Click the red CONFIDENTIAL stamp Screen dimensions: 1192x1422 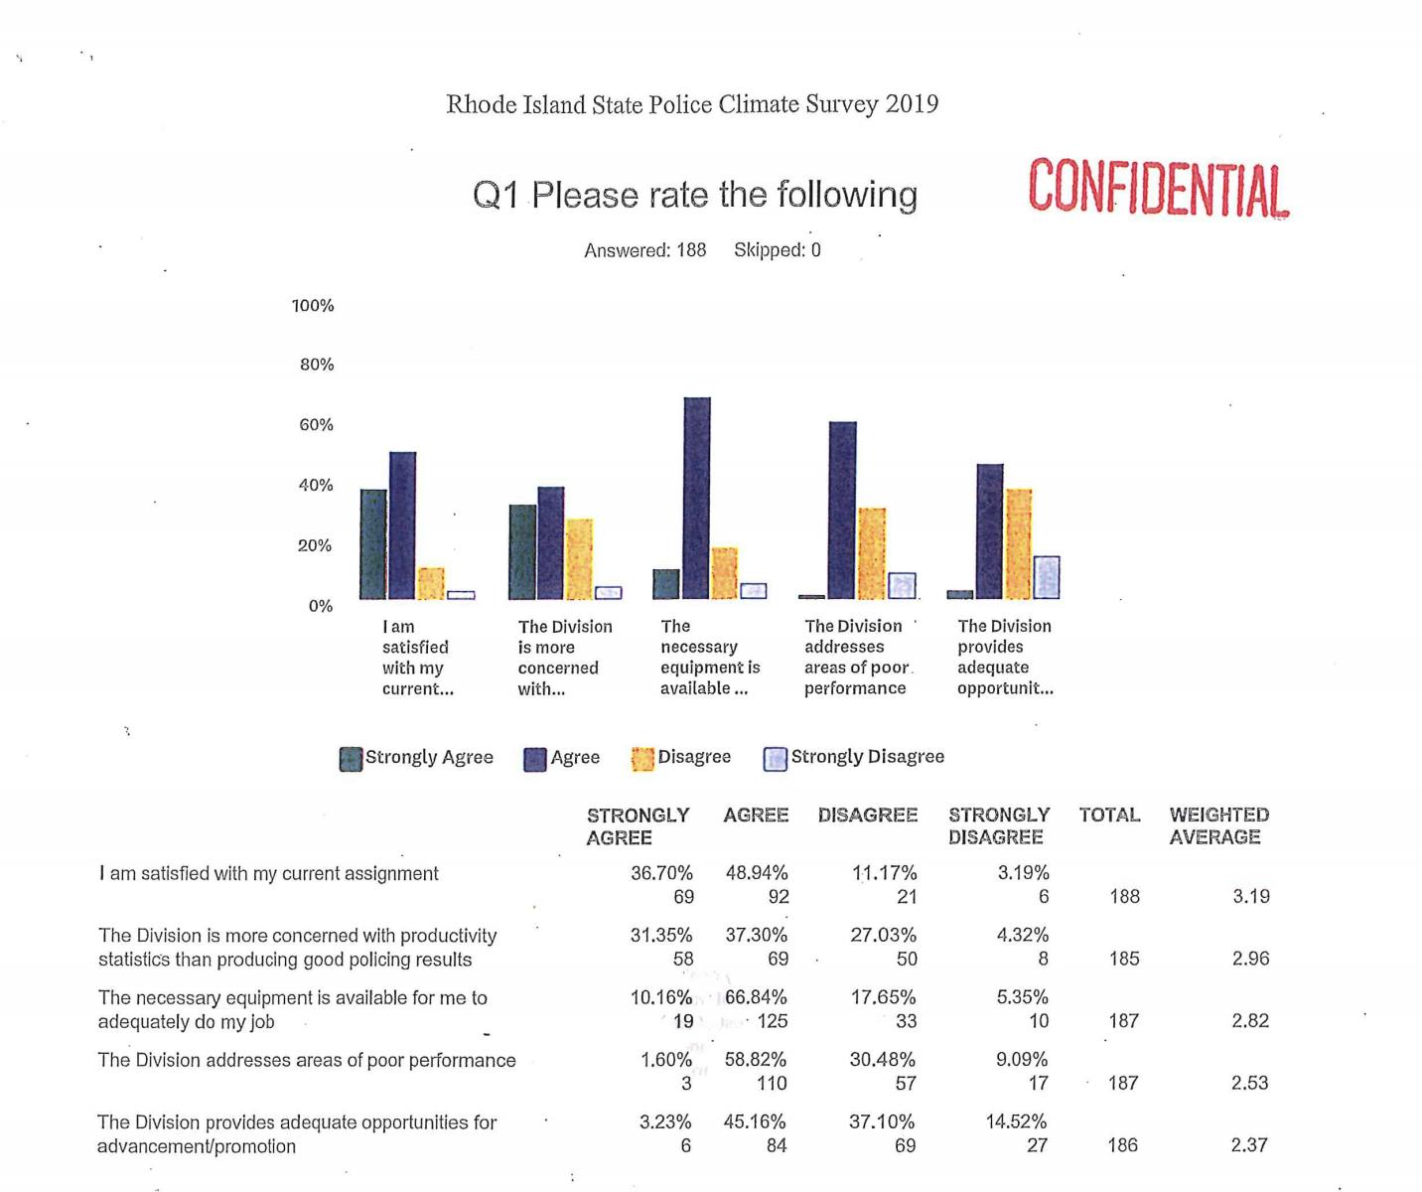[x=1158, y=188]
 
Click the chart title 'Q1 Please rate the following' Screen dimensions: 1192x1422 [x=694, y=195]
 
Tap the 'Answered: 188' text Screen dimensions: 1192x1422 [x=644, y=250]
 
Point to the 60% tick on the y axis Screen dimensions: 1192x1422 [x=316, y=425]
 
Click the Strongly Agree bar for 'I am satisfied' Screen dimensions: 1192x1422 [x=373, y=543]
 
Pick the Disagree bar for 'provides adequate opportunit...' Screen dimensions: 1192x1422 [x=1019, y=543]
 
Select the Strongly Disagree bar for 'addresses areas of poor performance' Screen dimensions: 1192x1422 [x=902, y=586]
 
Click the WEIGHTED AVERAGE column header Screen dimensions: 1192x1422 [x=1218, y=826]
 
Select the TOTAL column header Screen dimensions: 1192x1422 [x=1109, y=816]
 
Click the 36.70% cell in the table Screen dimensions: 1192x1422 [x=661, y=873]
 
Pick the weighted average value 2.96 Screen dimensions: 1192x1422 [x=1250, y=959]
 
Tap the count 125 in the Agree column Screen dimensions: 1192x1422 [x=772, y=1021]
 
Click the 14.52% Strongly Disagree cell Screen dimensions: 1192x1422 [x=1016, y=1121]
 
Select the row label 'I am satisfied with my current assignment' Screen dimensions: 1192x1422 [x=268, y=874]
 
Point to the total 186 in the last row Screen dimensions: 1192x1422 [x=1122, y=1145]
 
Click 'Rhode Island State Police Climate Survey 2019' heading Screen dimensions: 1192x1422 [x=692, y=104]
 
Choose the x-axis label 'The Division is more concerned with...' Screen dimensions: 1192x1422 [x=564, y=658]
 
